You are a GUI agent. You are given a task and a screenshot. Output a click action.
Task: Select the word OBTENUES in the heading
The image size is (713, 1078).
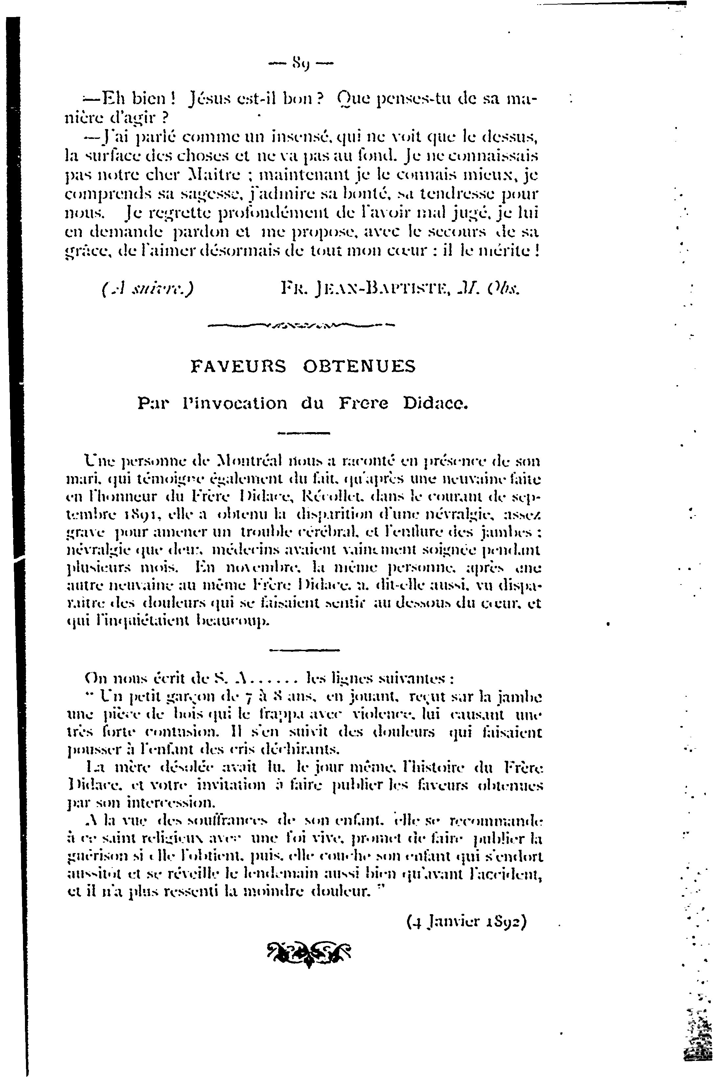pyautogui.click(x=359, y=366)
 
